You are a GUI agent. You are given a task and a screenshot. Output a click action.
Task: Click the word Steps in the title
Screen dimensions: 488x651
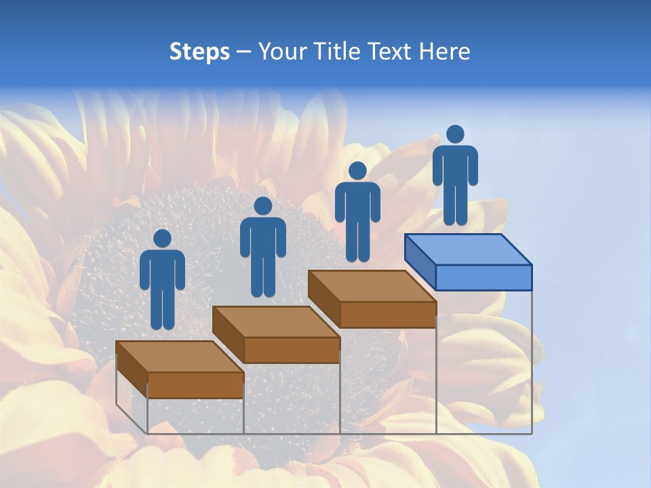[x=199, y=52]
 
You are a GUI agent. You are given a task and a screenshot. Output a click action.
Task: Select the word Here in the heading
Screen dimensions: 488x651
[x=444, y=52]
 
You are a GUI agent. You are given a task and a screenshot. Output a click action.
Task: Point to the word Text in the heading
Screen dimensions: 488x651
[x=390, y=52]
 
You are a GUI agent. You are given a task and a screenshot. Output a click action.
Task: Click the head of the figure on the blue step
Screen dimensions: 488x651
[x=455, y=134]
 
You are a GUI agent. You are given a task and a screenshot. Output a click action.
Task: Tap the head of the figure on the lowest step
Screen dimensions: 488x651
[x=162, y=239]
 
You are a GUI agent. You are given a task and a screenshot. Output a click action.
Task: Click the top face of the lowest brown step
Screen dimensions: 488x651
[x=180, y=357]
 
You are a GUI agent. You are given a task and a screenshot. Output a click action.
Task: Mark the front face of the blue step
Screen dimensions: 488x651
[x=484, y=277]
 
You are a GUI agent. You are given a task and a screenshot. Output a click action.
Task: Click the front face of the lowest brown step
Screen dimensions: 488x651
[x=195, y=385]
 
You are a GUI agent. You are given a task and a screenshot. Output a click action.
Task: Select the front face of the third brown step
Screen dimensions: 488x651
[x=387, y=314]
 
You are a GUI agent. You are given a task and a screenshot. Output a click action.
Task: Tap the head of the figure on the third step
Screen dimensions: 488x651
[x=357, y=171]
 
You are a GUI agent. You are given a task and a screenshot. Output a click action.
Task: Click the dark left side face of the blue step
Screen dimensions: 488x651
[x=420, y=261]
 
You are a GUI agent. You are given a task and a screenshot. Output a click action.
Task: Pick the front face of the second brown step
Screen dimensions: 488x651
[x=292, y=350]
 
